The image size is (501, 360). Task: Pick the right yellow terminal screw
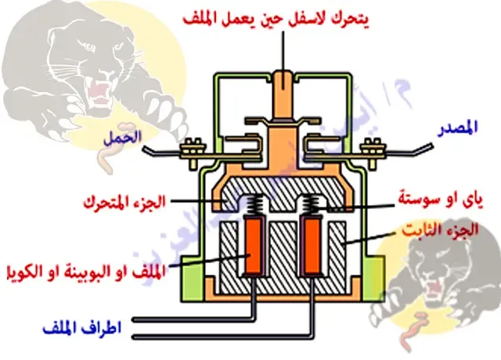(x=370, y=146)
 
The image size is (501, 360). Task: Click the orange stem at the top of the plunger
(x=283, y=86)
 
